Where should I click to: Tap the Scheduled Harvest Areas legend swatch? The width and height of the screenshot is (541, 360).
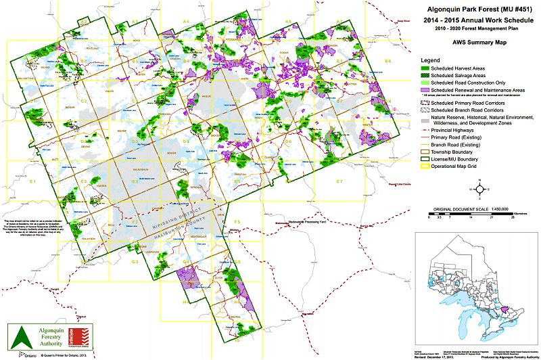coord(425,68)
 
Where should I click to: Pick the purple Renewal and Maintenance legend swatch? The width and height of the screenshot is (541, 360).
coord(425,89)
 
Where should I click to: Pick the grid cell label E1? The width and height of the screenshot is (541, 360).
coord(32,181)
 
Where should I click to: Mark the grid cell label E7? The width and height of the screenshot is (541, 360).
coord(339,181)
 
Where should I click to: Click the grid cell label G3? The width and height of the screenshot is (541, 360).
coord(135,262)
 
